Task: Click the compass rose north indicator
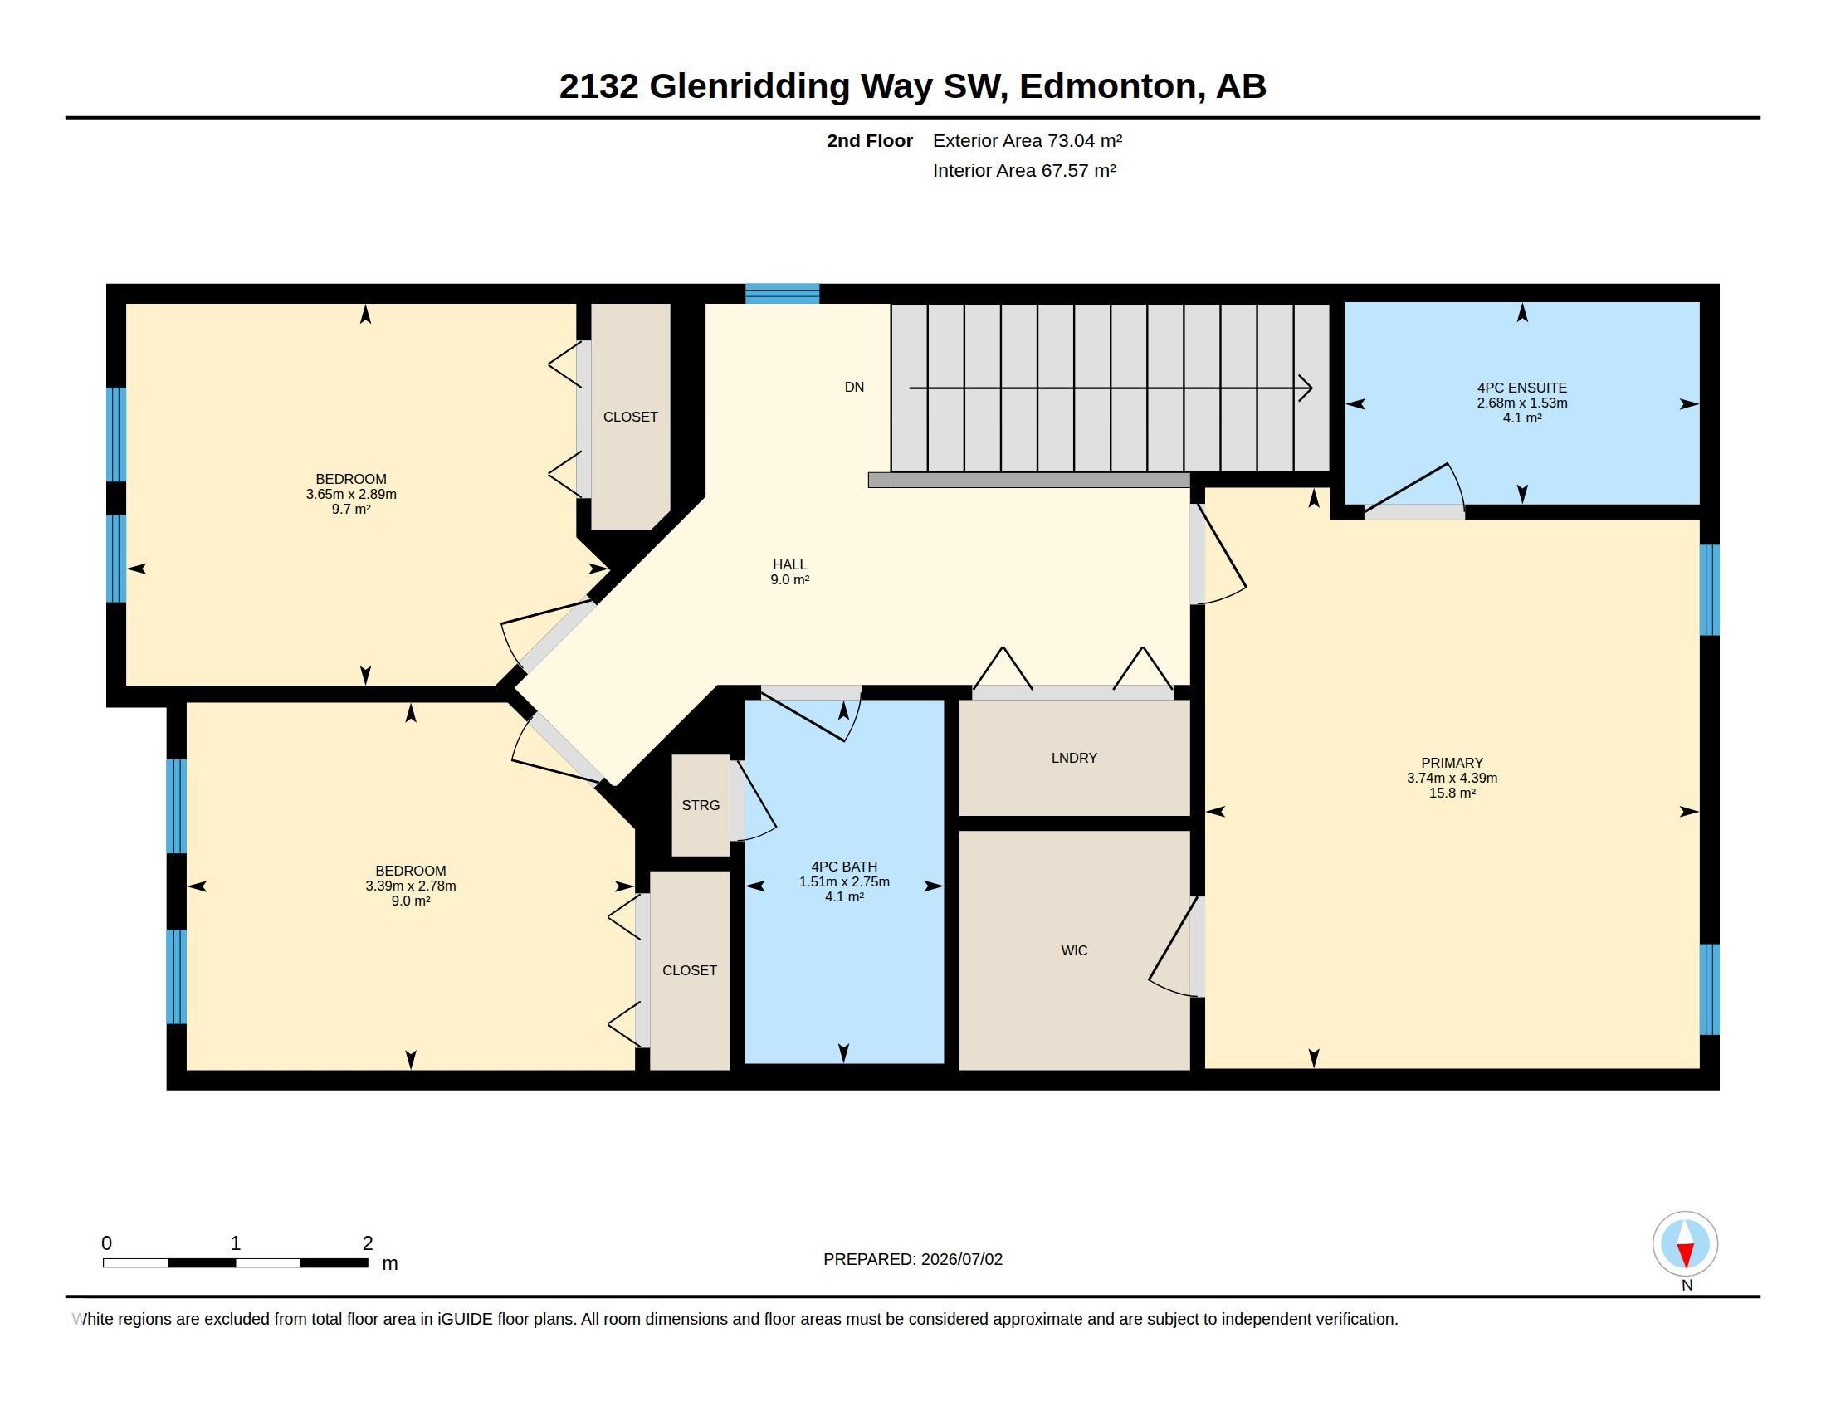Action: point(1685,1244)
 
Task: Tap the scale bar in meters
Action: point(235,1263)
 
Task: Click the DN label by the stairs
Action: point(853,387)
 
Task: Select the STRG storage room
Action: point(701,806)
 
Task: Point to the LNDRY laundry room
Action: point(1074,757)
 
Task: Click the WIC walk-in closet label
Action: point(1074,950)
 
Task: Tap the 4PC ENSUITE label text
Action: point(1521,388)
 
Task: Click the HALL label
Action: point(789,565)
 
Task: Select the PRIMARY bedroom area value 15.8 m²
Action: point(1452,793)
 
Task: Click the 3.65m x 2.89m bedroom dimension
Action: point(351,494)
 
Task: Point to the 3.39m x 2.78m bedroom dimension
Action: point(411,886)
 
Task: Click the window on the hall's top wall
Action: point(783,293)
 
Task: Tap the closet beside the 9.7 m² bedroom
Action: point(631,417)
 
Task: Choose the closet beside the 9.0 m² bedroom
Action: point(690,970)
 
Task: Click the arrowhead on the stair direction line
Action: point(1305,388)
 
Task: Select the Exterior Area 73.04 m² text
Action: point(1028,140)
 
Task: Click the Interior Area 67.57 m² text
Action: point(1024,170)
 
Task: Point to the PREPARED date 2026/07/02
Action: point(961,1259)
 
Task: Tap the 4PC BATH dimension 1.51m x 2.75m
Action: point(844,881)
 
